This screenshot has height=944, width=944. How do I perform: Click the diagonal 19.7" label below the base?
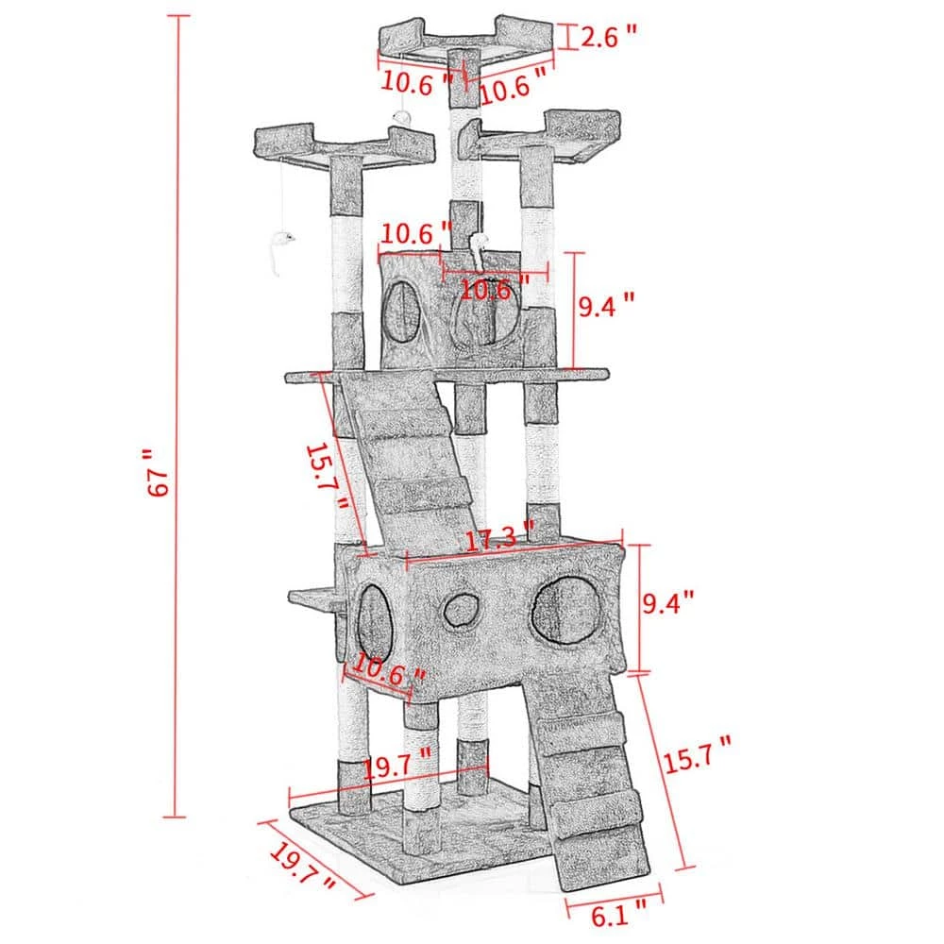(x=302, y=869)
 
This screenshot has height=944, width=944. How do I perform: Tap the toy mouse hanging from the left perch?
(x=277, y=247)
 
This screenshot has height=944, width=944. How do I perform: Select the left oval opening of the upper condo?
(x=402, y=311)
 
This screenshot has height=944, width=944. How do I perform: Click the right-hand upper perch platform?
(x=548, y=137)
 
